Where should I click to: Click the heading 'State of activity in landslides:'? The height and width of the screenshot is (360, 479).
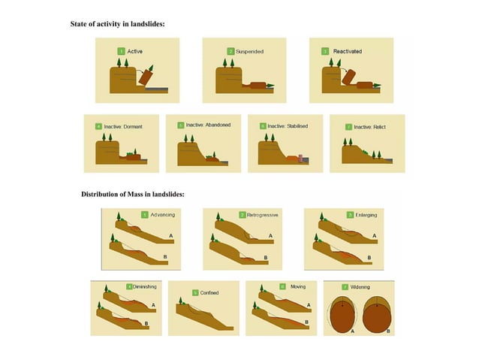point(117,25)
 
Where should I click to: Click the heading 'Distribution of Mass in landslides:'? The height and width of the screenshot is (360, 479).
point(133,195)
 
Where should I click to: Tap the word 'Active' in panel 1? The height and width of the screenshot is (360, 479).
point(135,51)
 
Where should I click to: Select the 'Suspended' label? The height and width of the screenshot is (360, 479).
point(250,51)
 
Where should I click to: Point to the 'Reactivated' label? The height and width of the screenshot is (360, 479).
point(347,51)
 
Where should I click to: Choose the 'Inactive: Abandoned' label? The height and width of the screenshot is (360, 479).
point(208,125)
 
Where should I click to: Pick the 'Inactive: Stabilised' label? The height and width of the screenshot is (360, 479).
point(288,126)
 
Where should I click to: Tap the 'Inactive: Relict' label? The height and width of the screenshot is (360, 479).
point(372,126)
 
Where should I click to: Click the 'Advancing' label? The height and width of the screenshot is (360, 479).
point(163,215)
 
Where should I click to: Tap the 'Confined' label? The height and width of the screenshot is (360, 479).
point(210,292)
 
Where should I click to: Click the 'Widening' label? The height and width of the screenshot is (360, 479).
point(361,287)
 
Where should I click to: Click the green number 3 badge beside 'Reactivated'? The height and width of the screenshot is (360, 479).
point(325,51)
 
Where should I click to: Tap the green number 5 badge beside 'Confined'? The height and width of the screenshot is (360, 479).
point(195,292)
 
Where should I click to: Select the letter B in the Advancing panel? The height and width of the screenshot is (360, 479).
point(164,258)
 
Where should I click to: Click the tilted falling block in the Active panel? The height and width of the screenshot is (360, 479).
point(145,75)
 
